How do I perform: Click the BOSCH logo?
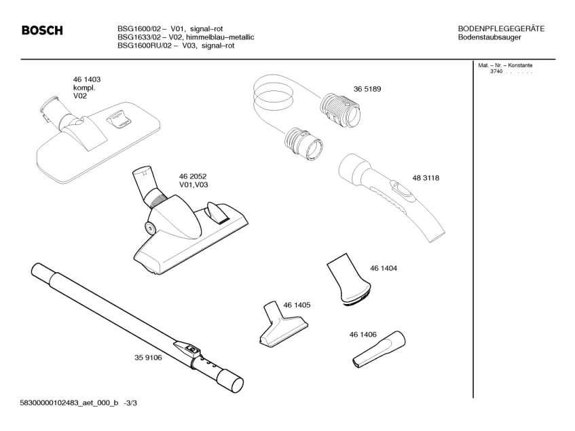[42, 31]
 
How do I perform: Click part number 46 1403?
[87, 80]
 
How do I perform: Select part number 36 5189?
[367, 89]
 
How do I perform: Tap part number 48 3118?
[426, 178]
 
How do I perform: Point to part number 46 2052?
[193, 176]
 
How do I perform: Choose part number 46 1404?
[384, 268]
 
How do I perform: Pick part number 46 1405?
[297, 305]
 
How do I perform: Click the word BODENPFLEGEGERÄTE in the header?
[501, 29]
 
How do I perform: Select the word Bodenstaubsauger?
[489, 37]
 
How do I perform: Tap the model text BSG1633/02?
[138, 37]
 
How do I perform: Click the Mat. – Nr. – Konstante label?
[506, 65]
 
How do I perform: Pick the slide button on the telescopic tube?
[191, 350]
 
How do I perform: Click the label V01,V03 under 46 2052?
[193, 185]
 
